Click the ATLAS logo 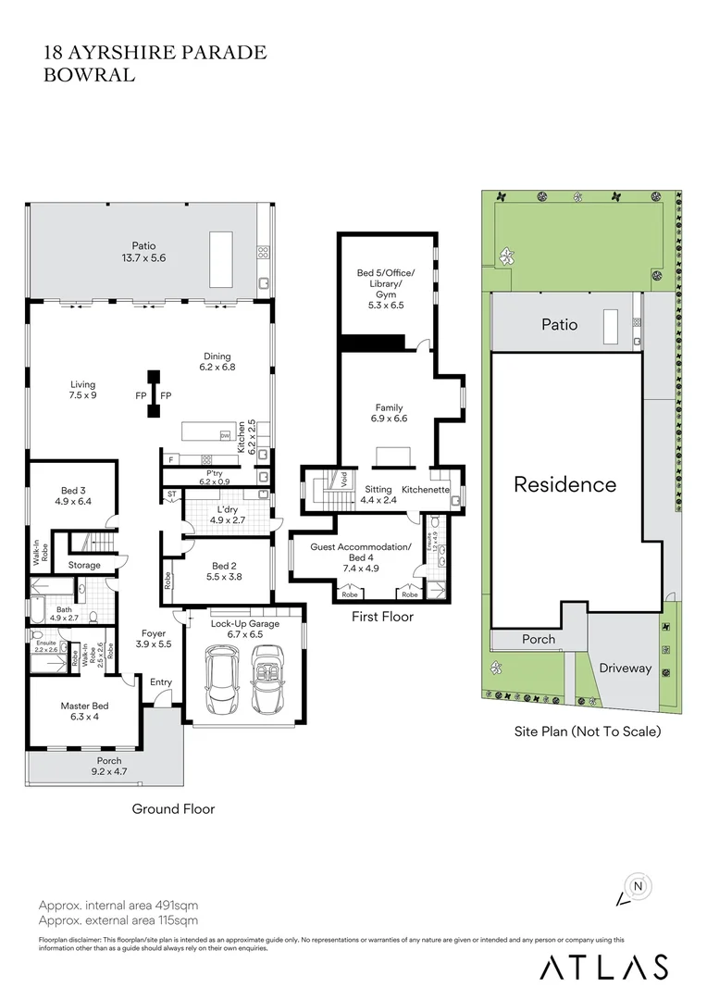tap(603, 967)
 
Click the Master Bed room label tap(80, 710)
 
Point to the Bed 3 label tap(70, 496)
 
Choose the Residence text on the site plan tap(564, 484)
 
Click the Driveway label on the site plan tap(625, 668)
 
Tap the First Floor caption tap(382, 617)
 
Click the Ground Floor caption tap(173, 808)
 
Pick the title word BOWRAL tap(89, 76)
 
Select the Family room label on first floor tap(389, 413)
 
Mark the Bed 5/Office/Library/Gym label tap(386, 288)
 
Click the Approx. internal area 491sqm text tap(118, 905)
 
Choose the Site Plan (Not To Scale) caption tap(588, 731)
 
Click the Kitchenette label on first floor tap(426, 489)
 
